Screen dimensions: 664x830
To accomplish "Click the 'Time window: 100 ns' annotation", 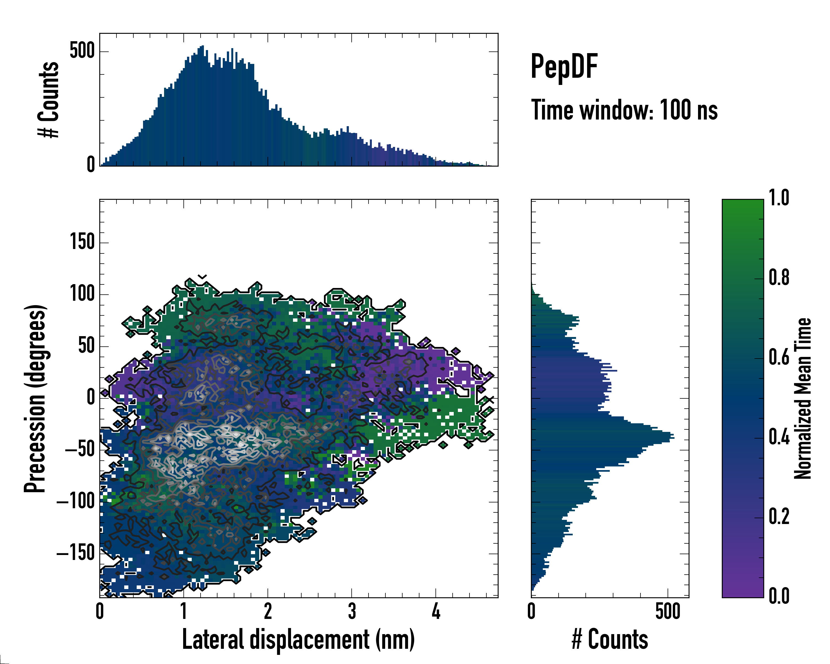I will click(x=624, y=110).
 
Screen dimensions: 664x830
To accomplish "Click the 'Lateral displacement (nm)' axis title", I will click(x=298, y=639).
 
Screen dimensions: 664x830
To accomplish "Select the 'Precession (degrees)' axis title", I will click(x=35, y=398).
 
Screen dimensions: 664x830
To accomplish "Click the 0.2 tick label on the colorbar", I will click(x=779, y=517).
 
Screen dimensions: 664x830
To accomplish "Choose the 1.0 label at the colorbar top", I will click(x=779, y=198).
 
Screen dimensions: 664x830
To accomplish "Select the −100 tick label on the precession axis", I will click(x=76, y=502).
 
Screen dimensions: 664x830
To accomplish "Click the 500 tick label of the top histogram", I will click(x=82, y=51).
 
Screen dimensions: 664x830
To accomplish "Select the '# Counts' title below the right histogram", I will click(x=610, y=639).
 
